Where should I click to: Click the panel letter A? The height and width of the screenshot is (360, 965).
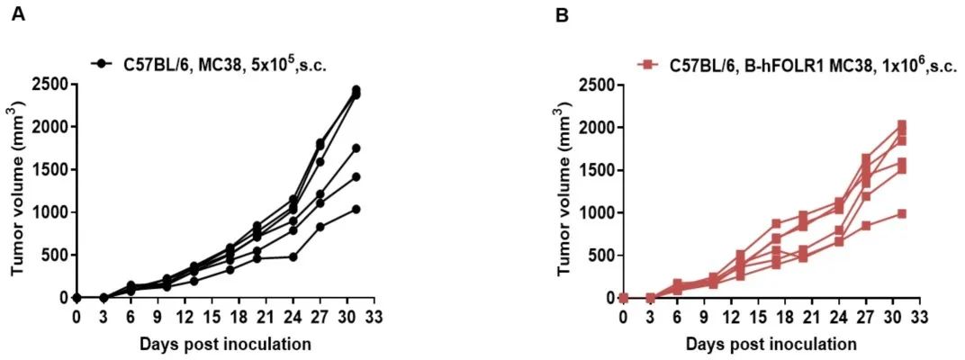tap(19, 15)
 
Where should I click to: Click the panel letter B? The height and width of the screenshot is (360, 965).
tap(562, 15)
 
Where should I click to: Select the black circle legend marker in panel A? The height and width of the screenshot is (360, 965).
tap(101, 64)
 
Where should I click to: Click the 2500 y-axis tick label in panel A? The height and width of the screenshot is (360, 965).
tap(51, 85)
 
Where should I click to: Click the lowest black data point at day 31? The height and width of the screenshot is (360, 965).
tap(356, 209)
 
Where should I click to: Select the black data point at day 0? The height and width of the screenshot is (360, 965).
tap(77, 297)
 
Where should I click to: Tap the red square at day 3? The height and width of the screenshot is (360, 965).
tap(651, 298)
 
